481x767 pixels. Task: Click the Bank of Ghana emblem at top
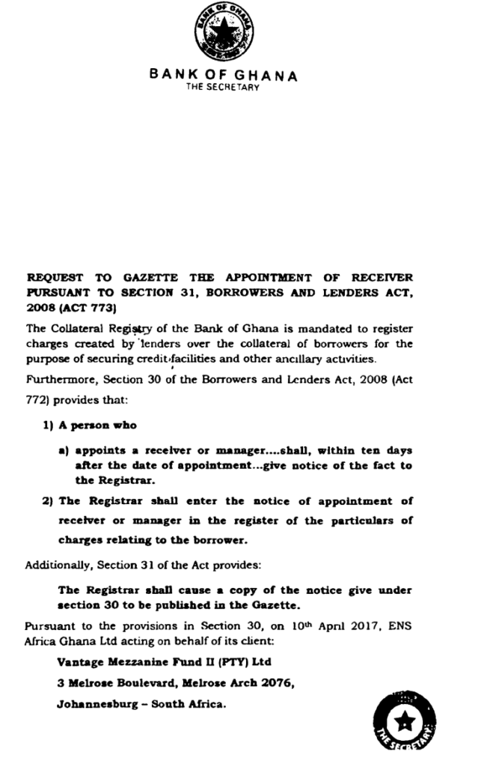tap(224, 34)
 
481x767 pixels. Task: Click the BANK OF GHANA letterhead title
tap(223, 75)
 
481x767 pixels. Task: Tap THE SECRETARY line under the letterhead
tap(223, 88)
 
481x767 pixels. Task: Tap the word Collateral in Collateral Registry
tap(76, 328)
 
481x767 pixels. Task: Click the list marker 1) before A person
tap(49, 425)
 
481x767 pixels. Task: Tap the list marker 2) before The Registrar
tap(49, 501)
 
